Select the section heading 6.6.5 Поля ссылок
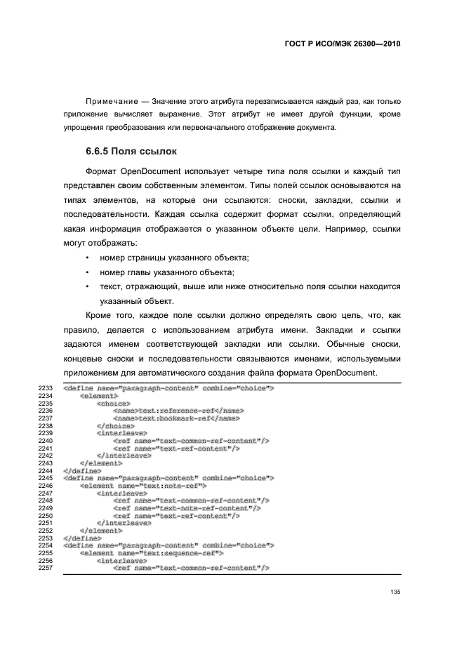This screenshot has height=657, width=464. pos(131,151)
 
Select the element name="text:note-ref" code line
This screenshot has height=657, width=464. pos(143,485)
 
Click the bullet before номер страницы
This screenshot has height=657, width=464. pos(86,259)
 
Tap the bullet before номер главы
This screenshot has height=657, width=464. pos(86,272)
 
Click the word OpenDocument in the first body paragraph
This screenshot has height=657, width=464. pos(152,171)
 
